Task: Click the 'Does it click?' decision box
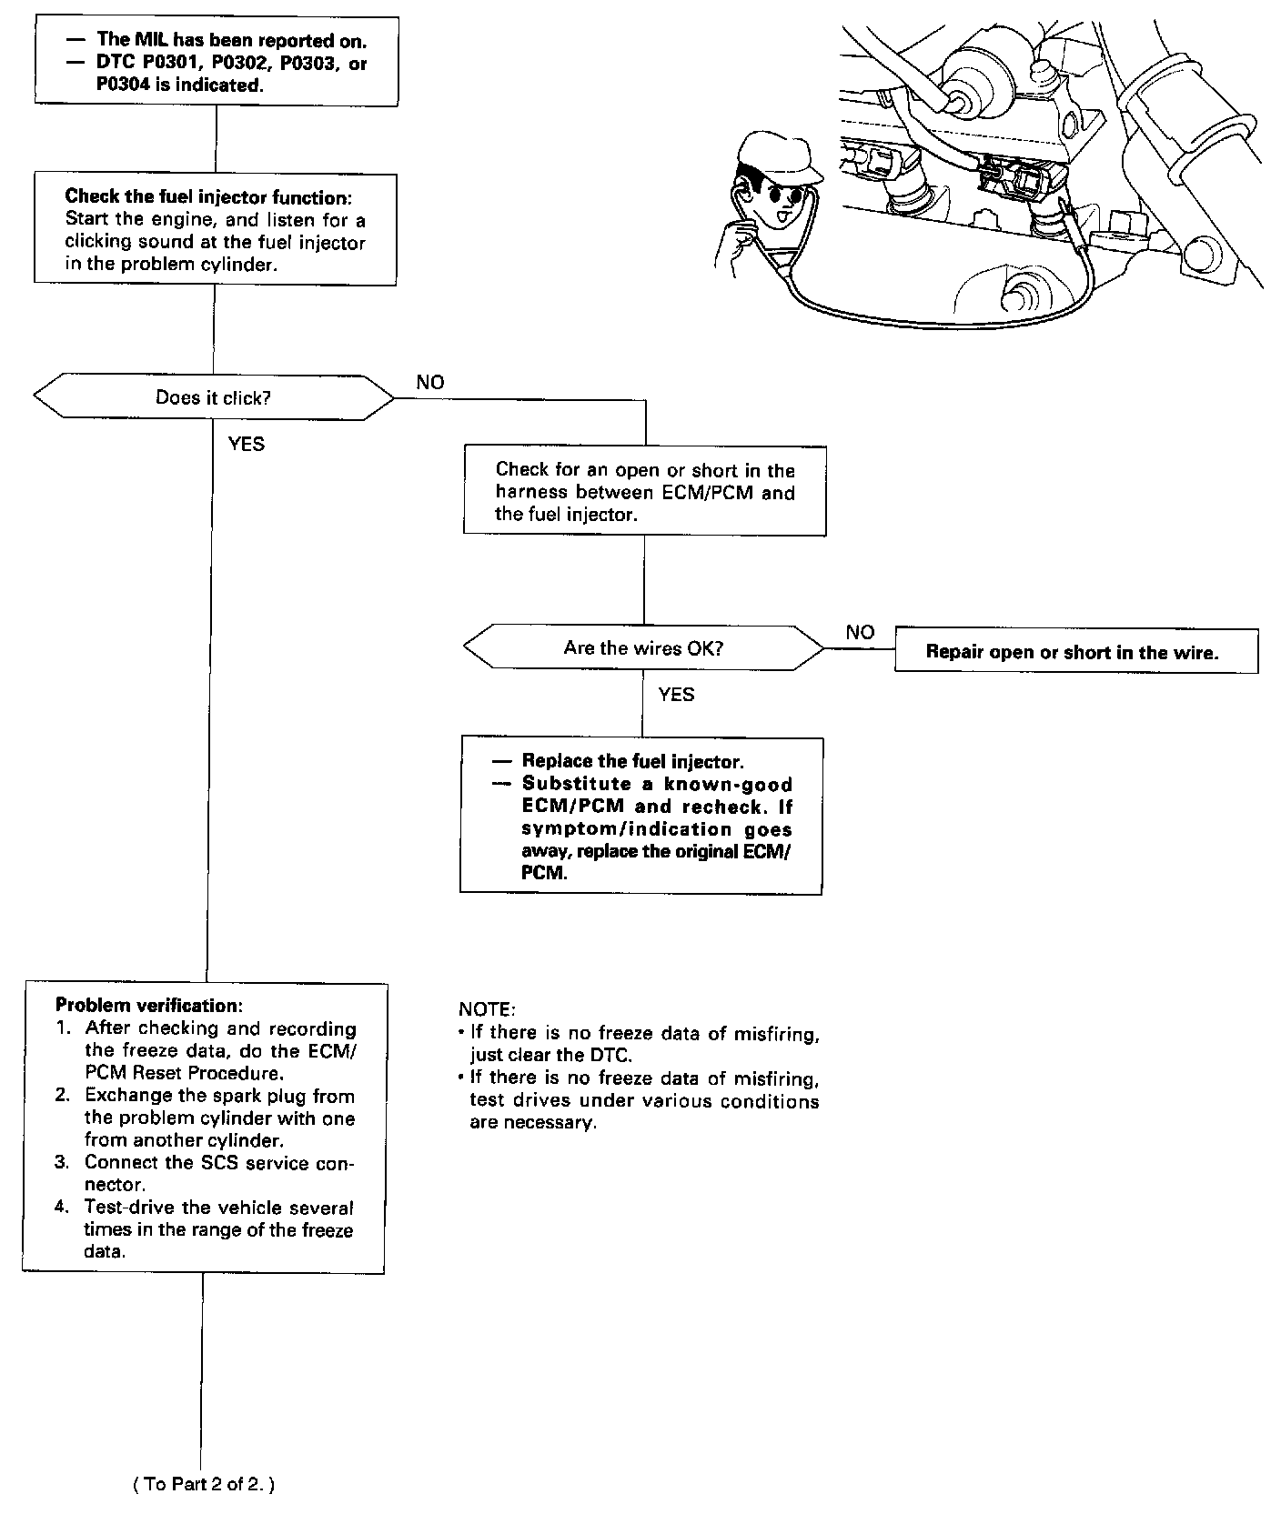[x=213, y=397]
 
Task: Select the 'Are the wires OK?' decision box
[x=643, y=648]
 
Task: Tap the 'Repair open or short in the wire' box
[x=1076, y=651]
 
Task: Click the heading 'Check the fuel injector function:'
[x=208, y=196]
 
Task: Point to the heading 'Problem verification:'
[x=149, y=1006]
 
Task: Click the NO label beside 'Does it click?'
[x=430, y=383]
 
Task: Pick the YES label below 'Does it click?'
[x=246, y=444]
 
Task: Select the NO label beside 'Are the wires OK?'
[x=860, y=633]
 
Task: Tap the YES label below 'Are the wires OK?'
[x=676, y=696]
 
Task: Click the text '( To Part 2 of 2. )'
[x=203, y=1484]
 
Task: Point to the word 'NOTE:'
[x=487, y=1010]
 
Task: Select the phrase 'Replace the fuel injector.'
[x=632, y=762]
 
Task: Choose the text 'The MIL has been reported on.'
[x=232, y=40]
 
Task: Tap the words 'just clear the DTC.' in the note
[x=550, y=1056]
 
